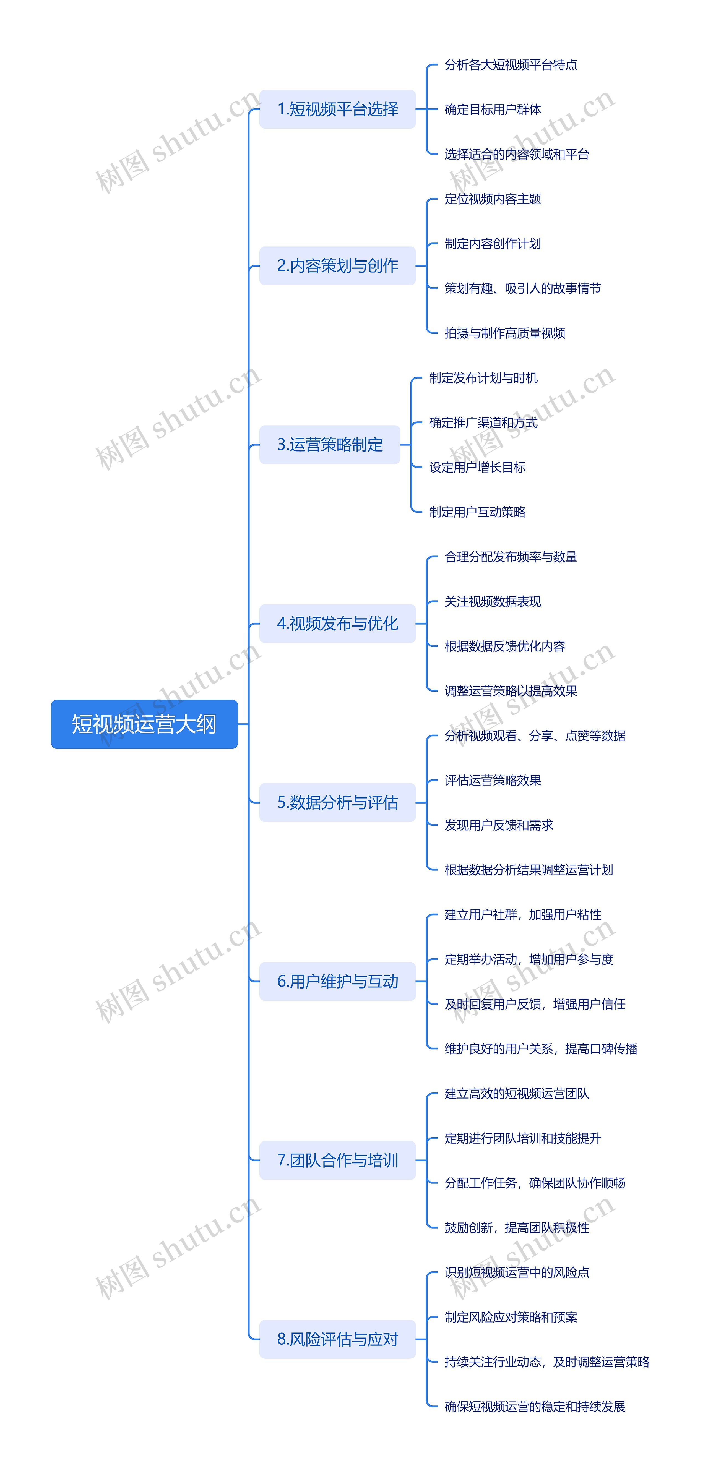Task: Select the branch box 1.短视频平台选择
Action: [337, 109]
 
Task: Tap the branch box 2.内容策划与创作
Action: [337, 265]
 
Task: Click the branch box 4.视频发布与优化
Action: [337, 624]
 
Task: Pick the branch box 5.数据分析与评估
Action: [337, 802]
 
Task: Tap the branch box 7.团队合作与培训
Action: [337, 1160]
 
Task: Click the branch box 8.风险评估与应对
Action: [337, 1339]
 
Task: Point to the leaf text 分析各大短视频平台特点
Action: [511, 64]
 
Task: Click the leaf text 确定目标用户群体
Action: [493, 109]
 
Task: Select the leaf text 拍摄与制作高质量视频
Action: [505, 333]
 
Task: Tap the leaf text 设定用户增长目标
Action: [477, 467]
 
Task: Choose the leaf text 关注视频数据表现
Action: [493, 601]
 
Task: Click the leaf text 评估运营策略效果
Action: [493, 780]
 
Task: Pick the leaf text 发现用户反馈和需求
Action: [498, 825]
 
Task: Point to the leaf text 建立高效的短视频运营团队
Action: [517, 1094]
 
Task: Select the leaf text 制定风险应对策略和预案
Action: [511, 1317]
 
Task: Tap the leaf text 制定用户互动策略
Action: [477, 512]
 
